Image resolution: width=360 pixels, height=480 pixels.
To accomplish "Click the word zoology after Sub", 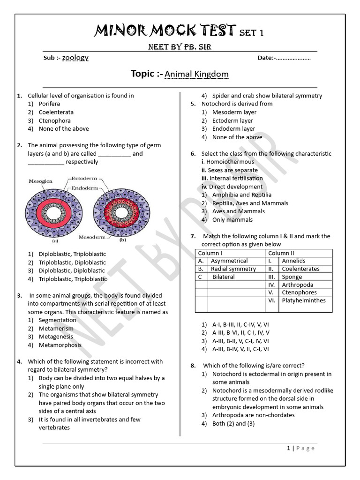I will pos(75,58).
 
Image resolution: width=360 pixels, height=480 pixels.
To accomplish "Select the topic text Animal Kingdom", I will pos(196,75).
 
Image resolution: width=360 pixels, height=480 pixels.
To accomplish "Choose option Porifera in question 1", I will pos(49,104).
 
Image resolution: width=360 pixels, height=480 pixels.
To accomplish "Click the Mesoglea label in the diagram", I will pos(41,180).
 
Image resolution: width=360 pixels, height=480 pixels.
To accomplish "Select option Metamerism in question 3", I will pos(56,328).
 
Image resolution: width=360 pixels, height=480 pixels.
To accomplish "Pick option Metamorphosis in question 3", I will pos(60,345).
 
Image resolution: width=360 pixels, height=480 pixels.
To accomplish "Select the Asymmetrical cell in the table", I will pos(229,261).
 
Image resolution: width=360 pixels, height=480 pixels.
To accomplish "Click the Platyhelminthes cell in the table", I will pos(303,300).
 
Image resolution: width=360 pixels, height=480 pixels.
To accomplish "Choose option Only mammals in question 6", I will pos(232,219).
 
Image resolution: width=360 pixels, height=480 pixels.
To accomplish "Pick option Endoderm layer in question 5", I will pos(233,129).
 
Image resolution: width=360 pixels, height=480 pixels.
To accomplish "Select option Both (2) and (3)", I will pos(233,424).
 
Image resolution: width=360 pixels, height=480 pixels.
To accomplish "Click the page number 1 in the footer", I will pos(288,448).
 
